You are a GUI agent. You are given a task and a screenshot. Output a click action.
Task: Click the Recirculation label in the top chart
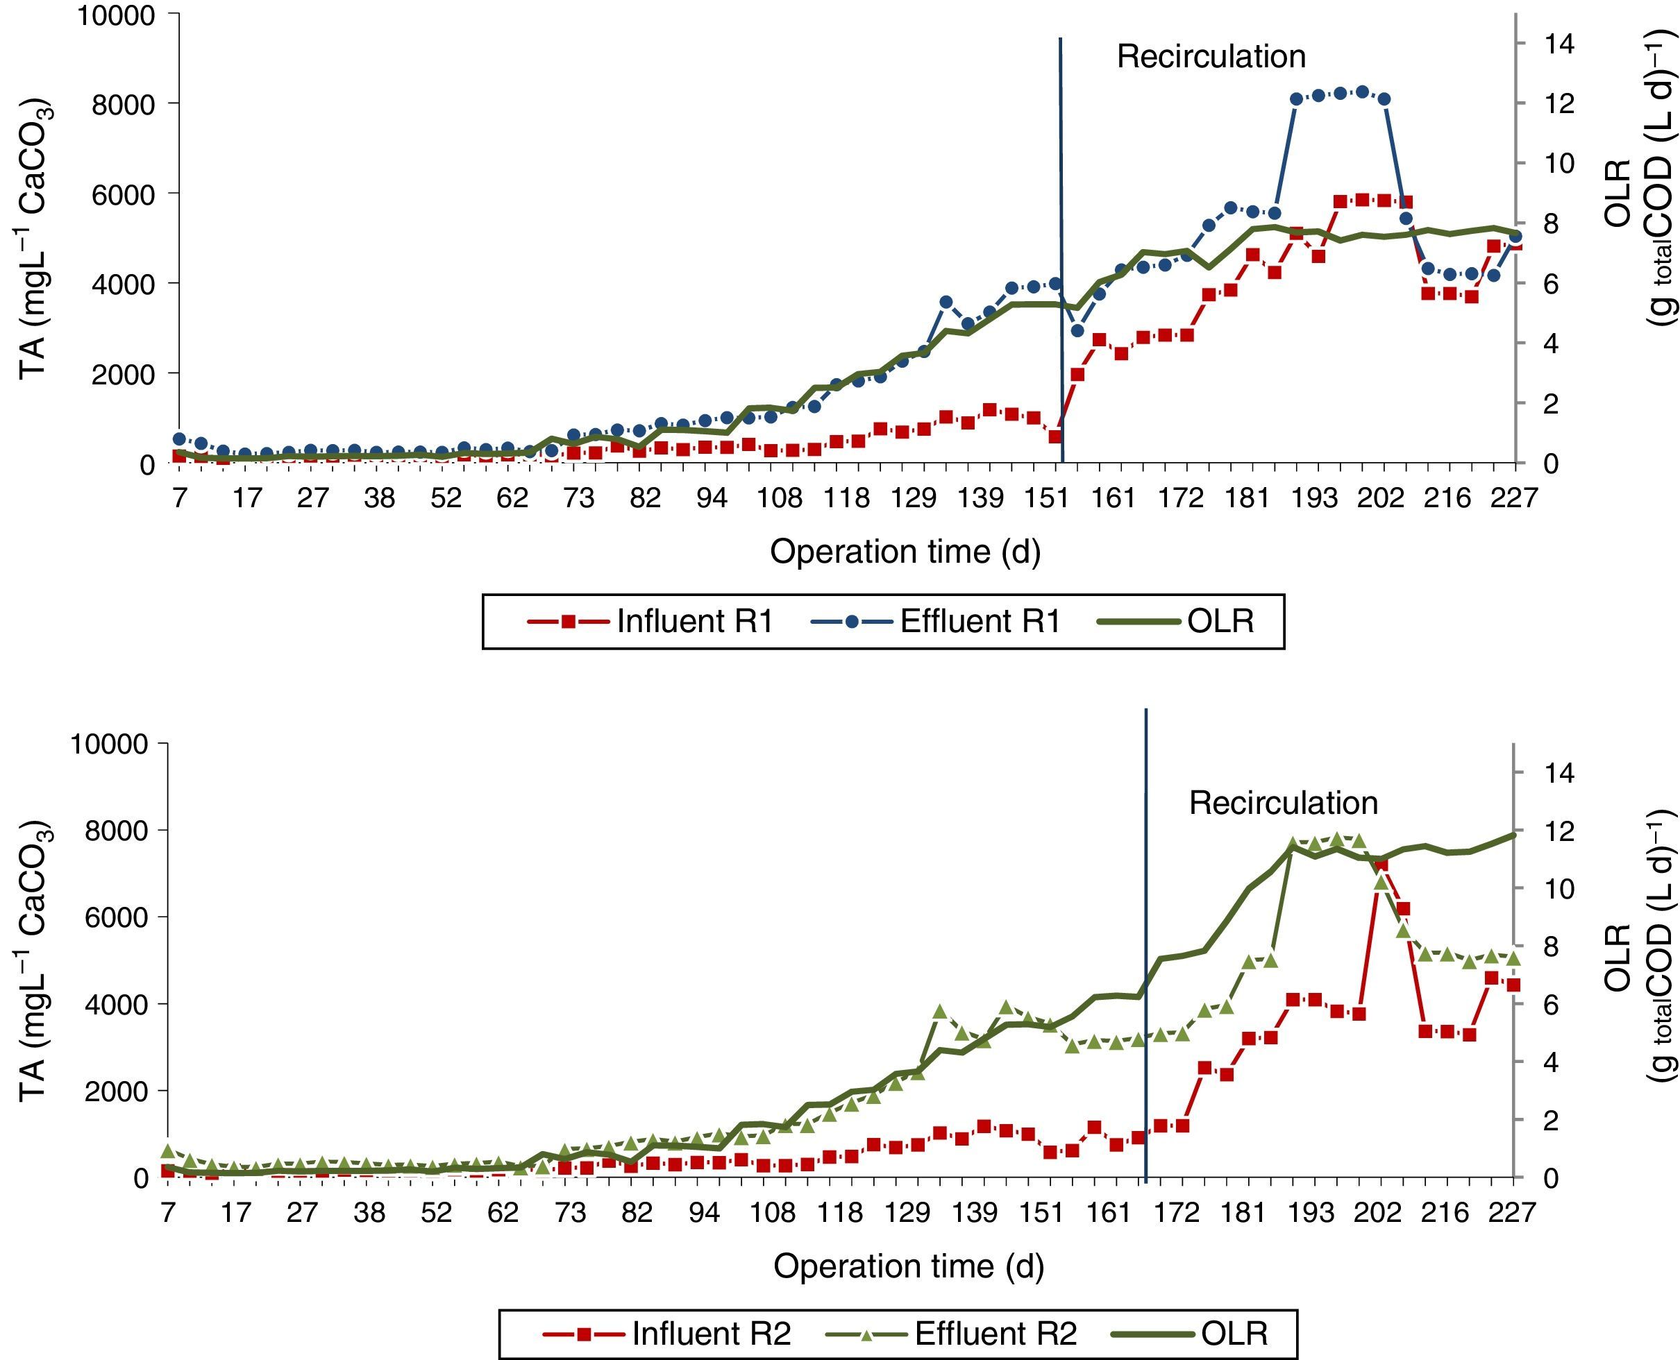pos(1211,57)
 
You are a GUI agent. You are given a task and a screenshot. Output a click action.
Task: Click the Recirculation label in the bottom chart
pos(1283,803)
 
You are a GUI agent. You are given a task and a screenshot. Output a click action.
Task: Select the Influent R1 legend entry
pos(650,621)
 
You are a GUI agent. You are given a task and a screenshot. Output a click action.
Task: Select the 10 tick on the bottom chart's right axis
pos(1556,888)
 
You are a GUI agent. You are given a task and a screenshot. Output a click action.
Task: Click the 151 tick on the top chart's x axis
pos(1047,498)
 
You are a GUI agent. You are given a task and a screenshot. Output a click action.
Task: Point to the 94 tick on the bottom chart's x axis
pos(704,1214)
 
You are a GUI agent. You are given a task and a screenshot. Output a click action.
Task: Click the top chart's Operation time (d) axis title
pos(905,552)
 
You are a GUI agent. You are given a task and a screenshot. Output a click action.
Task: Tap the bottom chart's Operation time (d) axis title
pos(908,1267)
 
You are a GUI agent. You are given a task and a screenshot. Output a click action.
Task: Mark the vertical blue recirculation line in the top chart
pos(1061,235)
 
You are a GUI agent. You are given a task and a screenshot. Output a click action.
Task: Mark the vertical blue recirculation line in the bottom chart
pos(1145,940)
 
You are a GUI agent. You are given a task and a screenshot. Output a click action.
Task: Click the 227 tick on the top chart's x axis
pos(1515,498)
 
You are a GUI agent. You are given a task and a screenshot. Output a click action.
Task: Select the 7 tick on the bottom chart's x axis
pos(167,1214)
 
